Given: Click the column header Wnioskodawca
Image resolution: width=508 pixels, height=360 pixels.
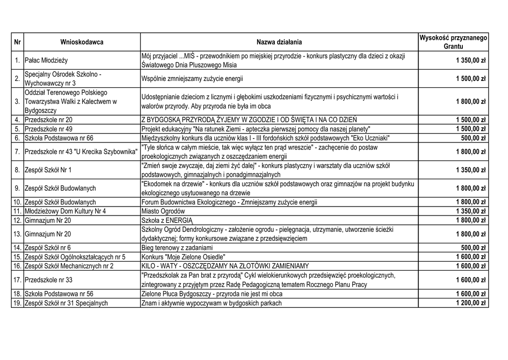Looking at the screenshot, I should click(x=82, y=42).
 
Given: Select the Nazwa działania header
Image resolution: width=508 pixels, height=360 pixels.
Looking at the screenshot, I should click(x=279, y=42).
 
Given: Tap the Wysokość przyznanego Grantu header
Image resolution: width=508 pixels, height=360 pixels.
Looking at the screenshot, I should click(x=453, y=42).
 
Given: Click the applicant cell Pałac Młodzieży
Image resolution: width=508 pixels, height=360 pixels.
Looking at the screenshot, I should click(x=48, y=61).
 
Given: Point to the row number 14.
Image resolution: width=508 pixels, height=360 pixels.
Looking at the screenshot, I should click(x=17, y=248).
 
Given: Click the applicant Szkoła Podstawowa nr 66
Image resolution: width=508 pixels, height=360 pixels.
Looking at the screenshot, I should click(x=59, y=138).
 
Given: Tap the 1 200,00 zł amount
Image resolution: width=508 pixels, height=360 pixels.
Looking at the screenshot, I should click(x=471, y=303).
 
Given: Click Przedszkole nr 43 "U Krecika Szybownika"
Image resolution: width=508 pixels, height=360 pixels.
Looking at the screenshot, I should click(x=81, y=151).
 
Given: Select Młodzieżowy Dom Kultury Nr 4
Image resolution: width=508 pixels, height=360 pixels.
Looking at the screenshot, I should click(x=65, y=211).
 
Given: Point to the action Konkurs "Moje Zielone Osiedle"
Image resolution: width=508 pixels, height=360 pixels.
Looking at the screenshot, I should click(x=183, y=257).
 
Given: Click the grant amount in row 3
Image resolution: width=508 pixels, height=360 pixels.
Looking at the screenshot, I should click(x=471, y=102).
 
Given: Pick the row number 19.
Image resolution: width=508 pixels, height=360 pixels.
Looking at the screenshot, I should click(x=17, y=303).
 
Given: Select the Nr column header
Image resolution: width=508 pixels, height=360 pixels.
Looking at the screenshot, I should click(x=17, y=42).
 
